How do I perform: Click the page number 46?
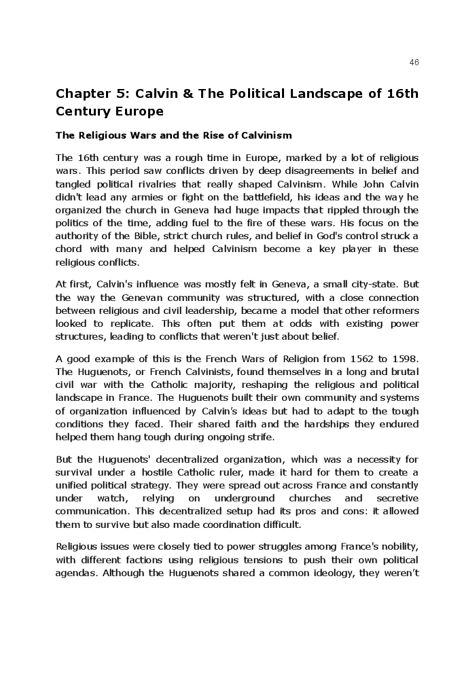coord(414,63)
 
